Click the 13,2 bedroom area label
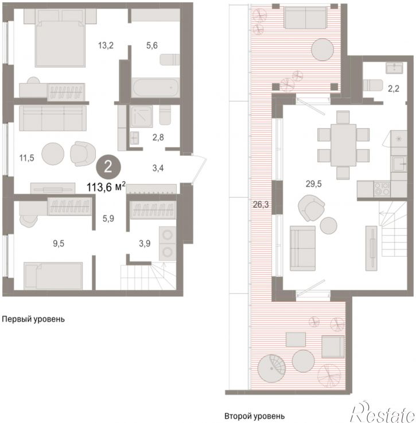pos(106,45)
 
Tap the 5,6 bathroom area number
pos(152,45)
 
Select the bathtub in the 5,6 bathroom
pos(155,88)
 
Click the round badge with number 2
pos(108,167)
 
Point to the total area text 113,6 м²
pos(106,186)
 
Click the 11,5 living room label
pos(27,158)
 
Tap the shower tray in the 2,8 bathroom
pos(142,116)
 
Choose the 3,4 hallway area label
pos(158,168)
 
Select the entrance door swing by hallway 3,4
pos(199,169)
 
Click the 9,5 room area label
pos(59,244)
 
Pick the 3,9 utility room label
pos(145,244)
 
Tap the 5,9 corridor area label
pos(108,218)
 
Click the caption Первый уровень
pos(33,319)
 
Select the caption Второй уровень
pos(254,416)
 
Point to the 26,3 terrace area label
pos(261,205)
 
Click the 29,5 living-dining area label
pos(314,184)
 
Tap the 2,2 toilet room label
pos(394,88)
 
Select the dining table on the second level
pos(343,145)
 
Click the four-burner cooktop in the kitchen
pos(382,189)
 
